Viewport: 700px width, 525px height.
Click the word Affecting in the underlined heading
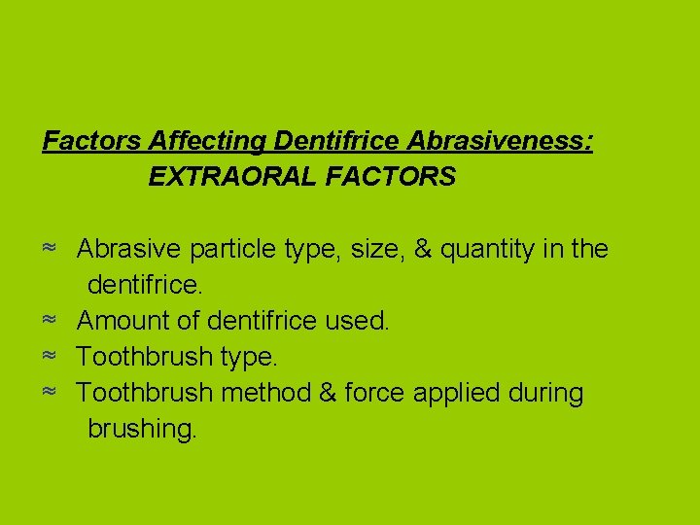208,142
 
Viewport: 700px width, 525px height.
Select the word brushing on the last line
142,430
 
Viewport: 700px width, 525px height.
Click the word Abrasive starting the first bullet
129,250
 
